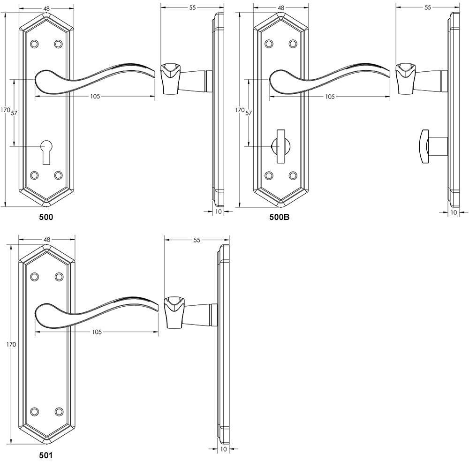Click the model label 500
[46, 217]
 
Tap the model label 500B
[280, 218]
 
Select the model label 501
[46, 455]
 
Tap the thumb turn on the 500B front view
[281, 146]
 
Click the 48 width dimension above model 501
[46, 239]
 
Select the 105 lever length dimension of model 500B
[330, 97]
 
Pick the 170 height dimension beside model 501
[11, 345]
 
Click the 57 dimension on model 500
[14, 113]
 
